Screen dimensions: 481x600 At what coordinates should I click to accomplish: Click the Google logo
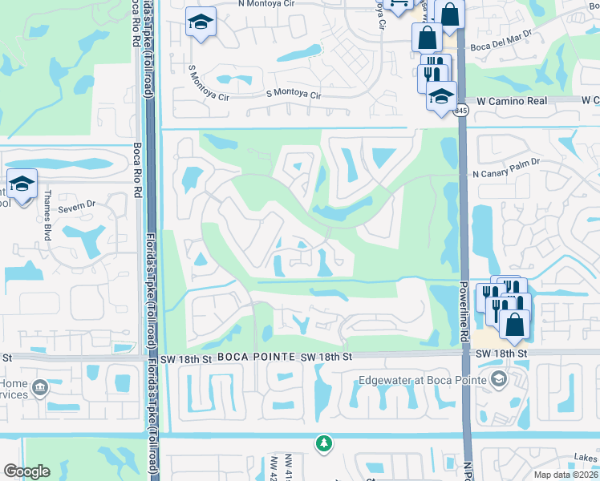coord(26,471)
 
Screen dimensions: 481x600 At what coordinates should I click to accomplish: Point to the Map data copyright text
coord(566,475)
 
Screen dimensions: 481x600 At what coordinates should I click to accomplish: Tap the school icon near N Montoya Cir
coord(199,22)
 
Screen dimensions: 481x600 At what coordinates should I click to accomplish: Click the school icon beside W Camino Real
coord(440,96)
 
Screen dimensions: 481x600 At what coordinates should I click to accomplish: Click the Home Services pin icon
coord(39,389)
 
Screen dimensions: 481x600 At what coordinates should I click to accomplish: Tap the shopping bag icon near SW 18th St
coord(514,323)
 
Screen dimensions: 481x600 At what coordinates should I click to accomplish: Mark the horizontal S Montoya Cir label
coord(294,95)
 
